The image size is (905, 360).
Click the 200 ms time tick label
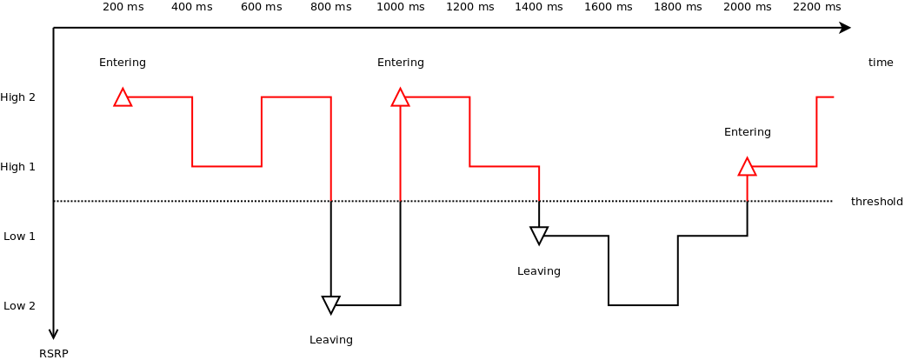(123, 7)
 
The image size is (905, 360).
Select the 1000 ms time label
(400, 7)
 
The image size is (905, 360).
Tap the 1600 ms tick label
(608, 7)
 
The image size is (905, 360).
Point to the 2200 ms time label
(816, 7)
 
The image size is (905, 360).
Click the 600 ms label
(261, 7)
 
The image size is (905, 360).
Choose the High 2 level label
(17, 97)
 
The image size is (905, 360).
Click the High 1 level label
(17, 167)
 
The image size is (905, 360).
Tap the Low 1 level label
(19, 237)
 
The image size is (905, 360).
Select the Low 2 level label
(19, 306)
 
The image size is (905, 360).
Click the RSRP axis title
(53, 354)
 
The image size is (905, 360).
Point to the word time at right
(881, 63)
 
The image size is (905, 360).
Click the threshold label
(876, 202)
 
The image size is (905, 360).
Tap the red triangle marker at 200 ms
(123, 98)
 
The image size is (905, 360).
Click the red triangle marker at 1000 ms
(400, 98)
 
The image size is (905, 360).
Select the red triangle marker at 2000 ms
(747, 168)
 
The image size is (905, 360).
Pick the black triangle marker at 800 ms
(330, 304)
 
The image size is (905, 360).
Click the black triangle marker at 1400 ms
(539, 235)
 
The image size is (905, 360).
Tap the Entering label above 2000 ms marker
(747, 132)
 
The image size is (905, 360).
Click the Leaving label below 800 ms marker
(330, 340)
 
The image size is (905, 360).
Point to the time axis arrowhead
(844, 28)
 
